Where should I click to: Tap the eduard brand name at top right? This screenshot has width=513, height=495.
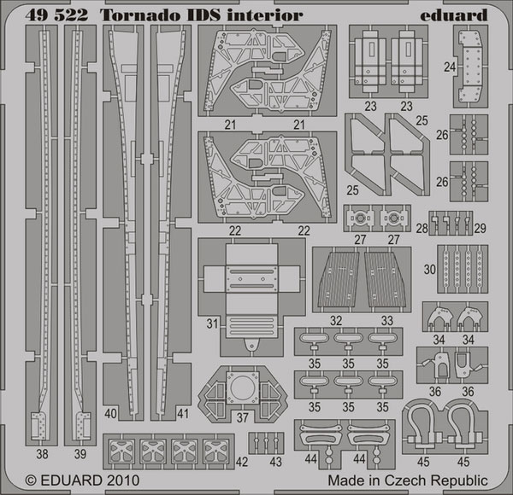(x=454, y=15)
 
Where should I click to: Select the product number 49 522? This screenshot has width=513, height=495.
(x=56, y=15)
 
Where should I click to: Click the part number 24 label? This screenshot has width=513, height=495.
(x=450, y=67)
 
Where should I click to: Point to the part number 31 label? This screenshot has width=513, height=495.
(x=212, y=323)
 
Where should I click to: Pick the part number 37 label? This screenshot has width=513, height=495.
(x=243, y=417)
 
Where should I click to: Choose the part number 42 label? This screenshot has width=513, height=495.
(x=242, y=462)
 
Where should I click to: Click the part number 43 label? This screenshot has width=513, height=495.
(x=276, y=462)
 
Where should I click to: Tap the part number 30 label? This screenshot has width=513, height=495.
(x=430, y=270)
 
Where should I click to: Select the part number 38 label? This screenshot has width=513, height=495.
(x=42, y=454)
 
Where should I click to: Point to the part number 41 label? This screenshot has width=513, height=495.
(x=183, y=414)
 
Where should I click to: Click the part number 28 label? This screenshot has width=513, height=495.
(x=422, y=228)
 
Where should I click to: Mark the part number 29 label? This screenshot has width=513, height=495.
(x=480, y=228)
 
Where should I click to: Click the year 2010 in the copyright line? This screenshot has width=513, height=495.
(x=122, y=480)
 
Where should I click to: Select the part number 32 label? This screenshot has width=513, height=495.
(x=336, y=320)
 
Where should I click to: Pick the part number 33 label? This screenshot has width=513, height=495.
(x=387, y=320)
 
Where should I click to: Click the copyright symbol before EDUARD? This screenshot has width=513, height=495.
(x=31, y=481)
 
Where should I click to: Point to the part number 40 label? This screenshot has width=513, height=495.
(x=110, y=414)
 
